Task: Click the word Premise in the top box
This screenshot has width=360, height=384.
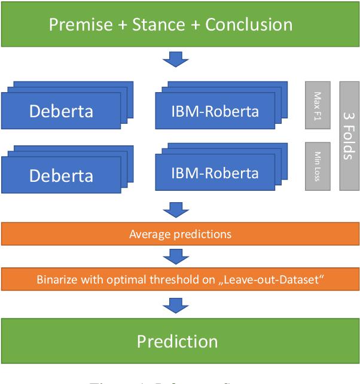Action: pos(81,25)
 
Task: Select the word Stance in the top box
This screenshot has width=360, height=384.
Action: pos(158,25)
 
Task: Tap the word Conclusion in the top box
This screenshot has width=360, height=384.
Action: pos(249,25)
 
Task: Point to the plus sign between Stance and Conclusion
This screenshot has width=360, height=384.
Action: pos(195,25)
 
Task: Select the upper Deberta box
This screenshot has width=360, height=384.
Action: pos(61,111)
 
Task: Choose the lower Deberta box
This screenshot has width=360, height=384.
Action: pos(61,175)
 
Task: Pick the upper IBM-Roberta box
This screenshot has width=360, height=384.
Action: pos(215,111)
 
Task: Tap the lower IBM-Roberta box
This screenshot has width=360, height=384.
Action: pos(215,173)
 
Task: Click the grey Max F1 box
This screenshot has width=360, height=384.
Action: pos(318,105)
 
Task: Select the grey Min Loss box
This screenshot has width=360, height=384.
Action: pos(318,166)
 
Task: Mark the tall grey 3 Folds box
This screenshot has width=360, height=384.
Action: pos(349,136)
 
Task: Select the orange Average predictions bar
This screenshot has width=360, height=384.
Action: pos(180,234)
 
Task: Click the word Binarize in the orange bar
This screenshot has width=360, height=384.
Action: pos(57,279)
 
